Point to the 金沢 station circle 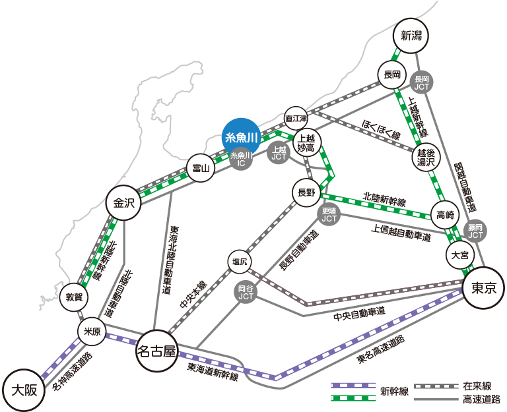click(123, 204)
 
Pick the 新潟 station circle click(411, 35)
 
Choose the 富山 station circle click(199, 169)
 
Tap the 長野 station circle click(307, 192)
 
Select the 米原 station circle click(91, 332)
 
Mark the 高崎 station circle click(446, 215)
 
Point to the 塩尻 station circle click(240, 262)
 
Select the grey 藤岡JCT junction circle click(475, 231)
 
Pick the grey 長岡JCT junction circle click(422, 83)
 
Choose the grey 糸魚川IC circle click(242, 159)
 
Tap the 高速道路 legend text click(481, 399)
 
